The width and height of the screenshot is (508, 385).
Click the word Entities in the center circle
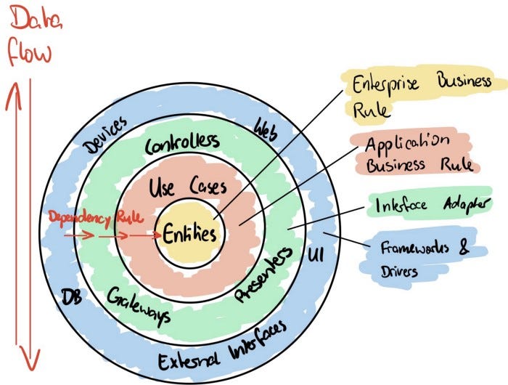point(189,235)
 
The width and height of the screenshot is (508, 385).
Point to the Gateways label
point(139,305)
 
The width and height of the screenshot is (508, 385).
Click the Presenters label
point(264,274)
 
